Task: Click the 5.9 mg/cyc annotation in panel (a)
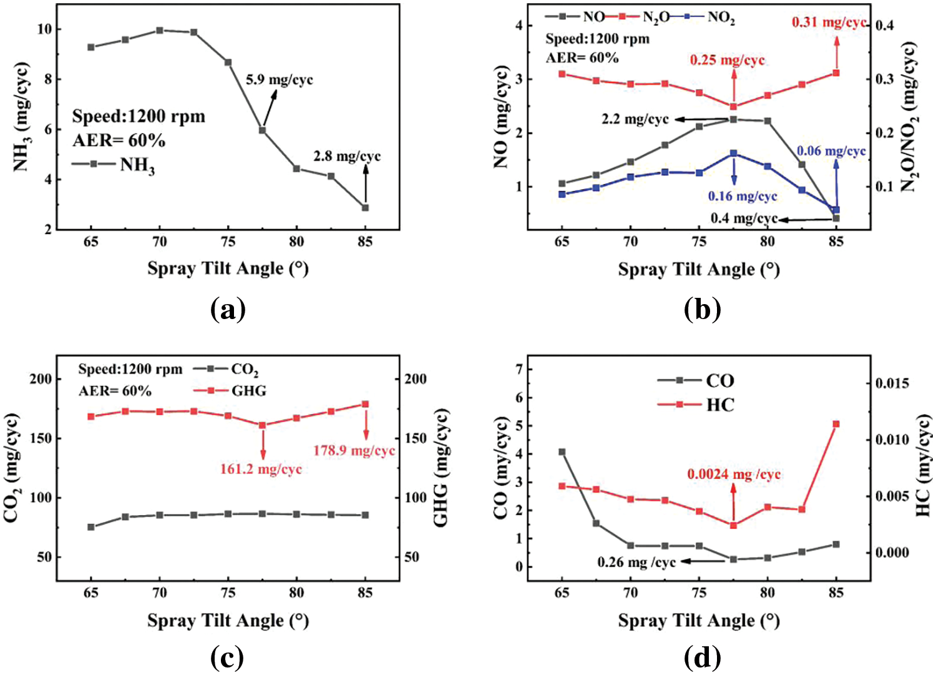[279, 80]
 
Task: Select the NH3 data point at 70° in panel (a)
[160, 30]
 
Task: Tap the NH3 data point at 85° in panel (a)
[366, 207]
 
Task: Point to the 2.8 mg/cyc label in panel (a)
[347, 156]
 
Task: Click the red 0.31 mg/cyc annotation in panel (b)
[829, 22]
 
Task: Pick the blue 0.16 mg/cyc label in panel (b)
[742, 196]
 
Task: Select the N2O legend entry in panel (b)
[655, 17]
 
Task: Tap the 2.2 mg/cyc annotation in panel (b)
[635, 119]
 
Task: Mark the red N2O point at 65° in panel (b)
[562, 74]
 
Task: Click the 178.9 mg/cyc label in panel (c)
[354, 450]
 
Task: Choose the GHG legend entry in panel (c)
[248, 391]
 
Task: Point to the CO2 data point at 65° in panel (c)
[91, 527]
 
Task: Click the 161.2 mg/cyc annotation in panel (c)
[261, 469]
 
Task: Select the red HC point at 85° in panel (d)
[836, 424]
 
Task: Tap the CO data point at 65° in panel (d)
[562, 451]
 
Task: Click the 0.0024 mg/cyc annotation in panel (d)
[734, 475]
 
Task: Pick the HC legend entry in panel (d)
[719, 405]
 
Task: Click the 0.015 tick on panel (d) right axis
[891, 383]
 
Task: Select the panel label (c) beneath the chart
[228, 658]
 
